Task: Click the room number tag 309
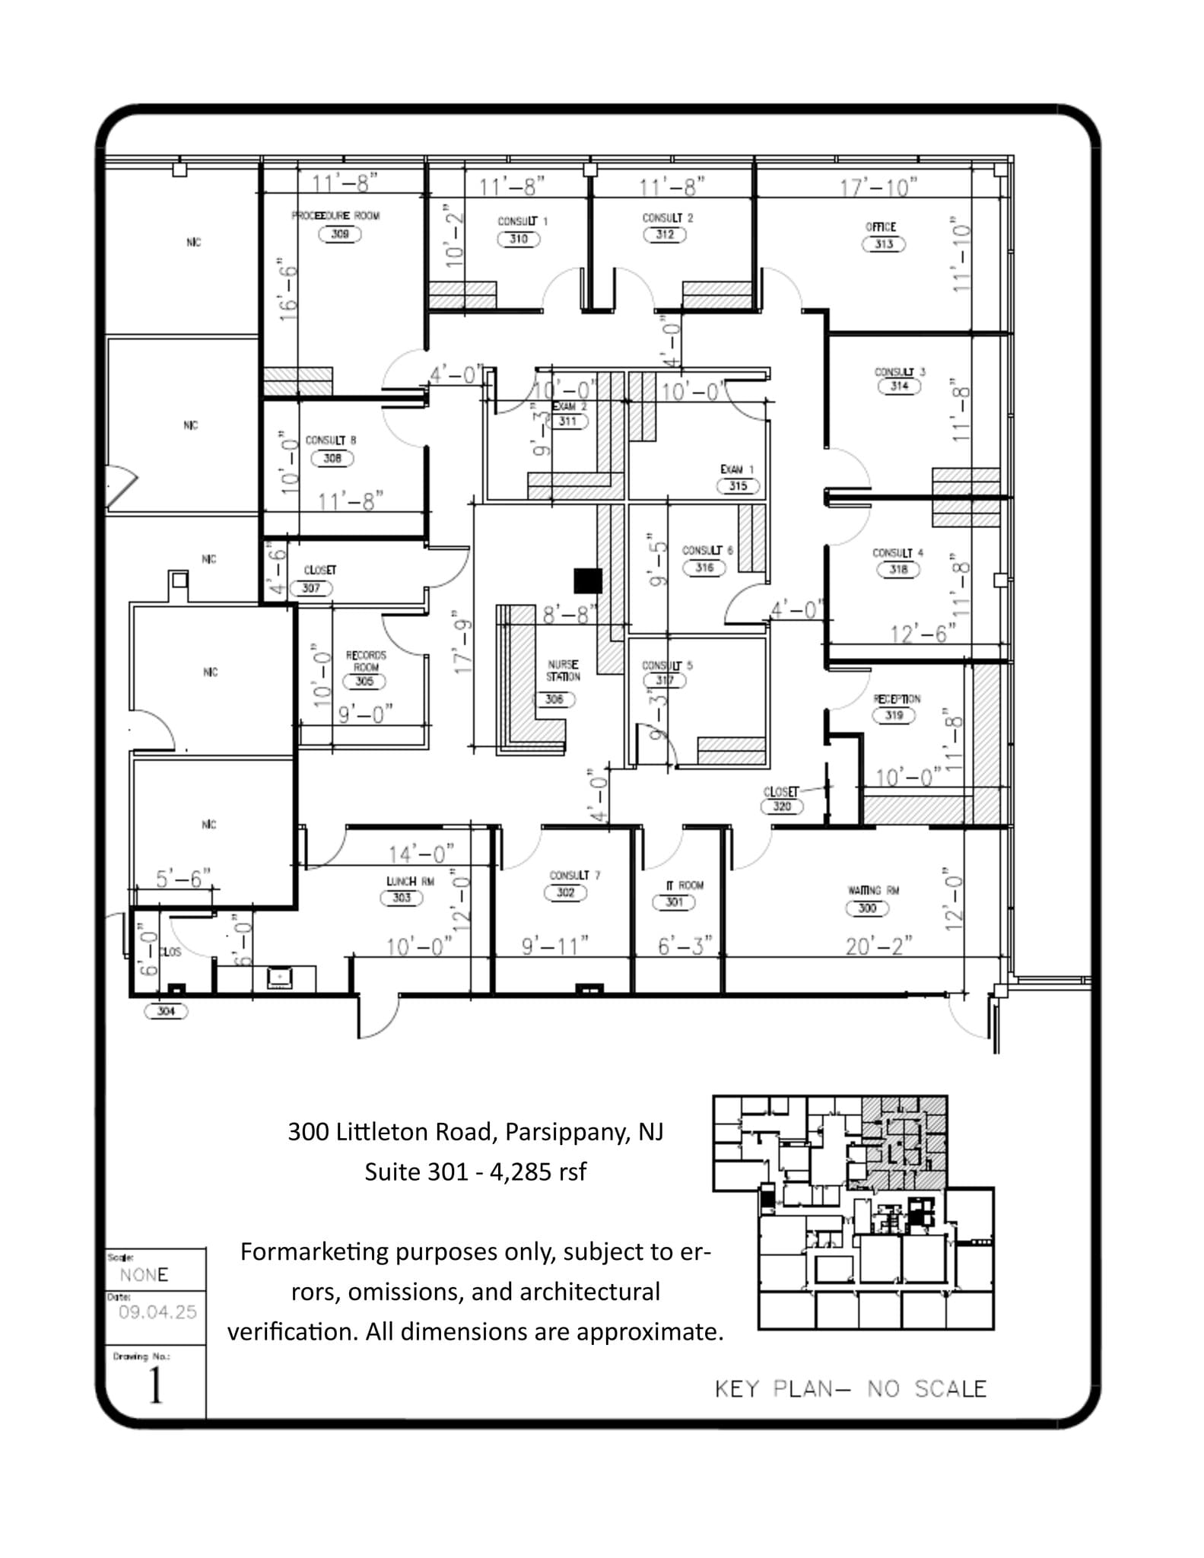click(x=339, y=234)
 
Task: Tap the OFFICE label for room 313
click(x=881, y=227)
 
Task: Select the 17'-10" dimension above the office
click(x=878, y=187)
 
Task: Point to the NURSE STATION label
click(x=563, y=670)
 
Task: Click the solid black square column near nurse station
click(x=588, y=580)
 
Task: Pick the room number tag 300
click(x=867, y=908)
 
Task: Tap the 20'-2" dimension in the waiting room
click(x=878, y=946)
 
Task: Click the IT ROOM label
click(x=685, y=885)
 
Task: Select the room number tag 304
click(x=166, y=1011)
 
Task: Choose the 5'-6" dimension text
click(x=183, y=879)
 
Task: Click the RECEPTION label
click(x=897, y=698)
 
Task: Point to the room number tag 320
click(x=782, y=806)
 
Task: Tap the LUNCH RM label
click(x=410, y=881)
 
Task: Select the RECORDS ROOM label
click(x=366, y=660)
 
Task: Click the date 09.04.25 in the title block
click(x=157, y=1312)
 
